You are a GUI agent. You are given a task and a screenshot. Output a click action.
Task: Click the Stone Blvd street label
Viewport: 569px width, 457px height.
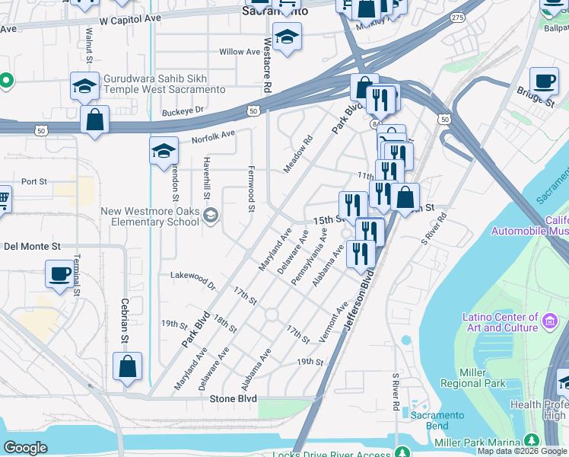coord(234,398)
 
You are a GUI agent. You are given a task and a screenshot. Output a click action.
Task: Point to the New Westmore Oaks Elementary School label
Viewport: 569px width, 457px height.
coord(151,216)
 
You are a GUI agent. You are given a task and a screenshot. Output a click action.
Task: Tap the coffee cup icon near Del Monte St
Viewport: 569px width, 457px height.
coord(60,273)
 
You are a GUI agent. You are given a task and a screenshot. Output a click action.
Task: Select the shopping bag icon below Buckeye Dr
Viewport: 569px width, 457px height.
coord(94,120)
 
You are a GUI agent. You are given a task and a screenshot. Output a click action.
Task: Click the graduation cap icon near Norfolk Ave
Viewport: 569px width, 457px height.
coord(164,151)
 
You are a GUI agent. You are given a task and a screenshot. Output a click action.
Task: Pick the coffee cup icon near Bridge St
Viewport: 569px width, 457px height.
coord(543,81)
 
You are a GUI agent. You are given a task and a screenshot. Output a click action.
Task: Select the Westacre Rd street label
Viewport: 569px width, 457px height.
coord(267,66)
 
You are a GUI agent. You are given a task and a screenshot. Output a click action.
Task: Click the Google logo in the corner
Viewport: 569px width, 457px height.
coord(25,449)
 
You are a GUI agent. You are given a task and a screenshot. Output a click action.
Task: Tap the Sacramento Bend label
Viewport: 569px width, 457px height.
coord(437,420)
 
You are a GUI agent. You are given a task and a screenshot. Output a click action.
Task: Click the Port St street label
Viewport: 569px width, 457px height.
coord(34,181)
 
